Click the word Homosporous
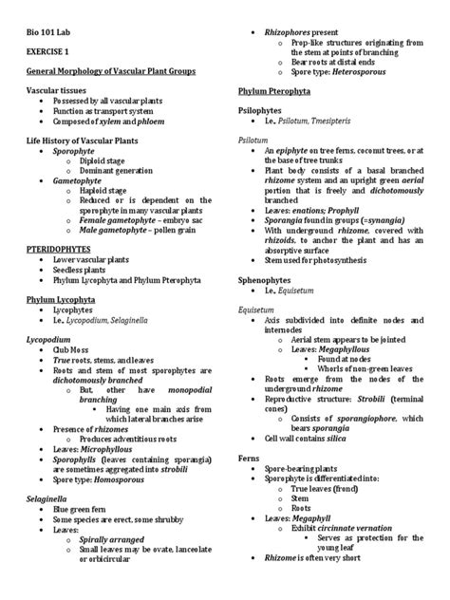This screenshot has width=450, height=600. (x=133, y=454)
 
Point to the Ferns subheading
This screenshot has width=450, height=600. (x=249, y=458)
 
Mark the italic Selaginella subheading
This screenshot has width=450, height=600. (x=47, y=471)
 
